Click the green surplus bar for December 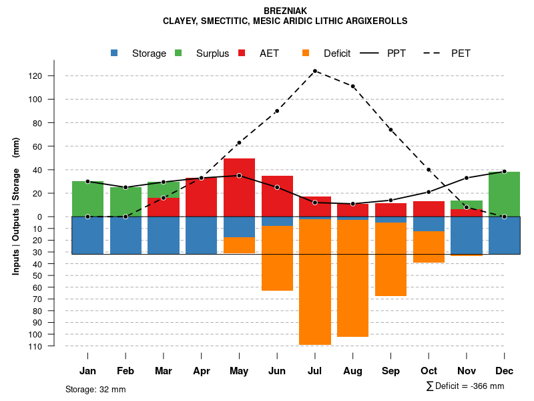504,194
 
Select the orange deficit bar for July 315,281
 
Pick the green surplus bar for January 87,198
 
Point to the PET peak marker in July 315,71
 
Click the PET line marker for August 353,86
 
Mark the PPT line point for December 505,172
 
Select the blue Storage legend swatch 114,53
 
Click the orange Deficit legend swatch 306,53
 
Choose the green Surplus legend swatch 178,53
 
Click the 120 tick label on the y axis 54,76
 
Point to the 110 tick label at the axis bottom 54,346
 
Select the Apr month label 202,371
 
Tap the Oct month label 429,371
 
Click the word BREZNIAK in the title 285,11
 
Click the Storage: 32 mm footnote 95,389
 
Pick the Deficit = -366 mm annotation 465,386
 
